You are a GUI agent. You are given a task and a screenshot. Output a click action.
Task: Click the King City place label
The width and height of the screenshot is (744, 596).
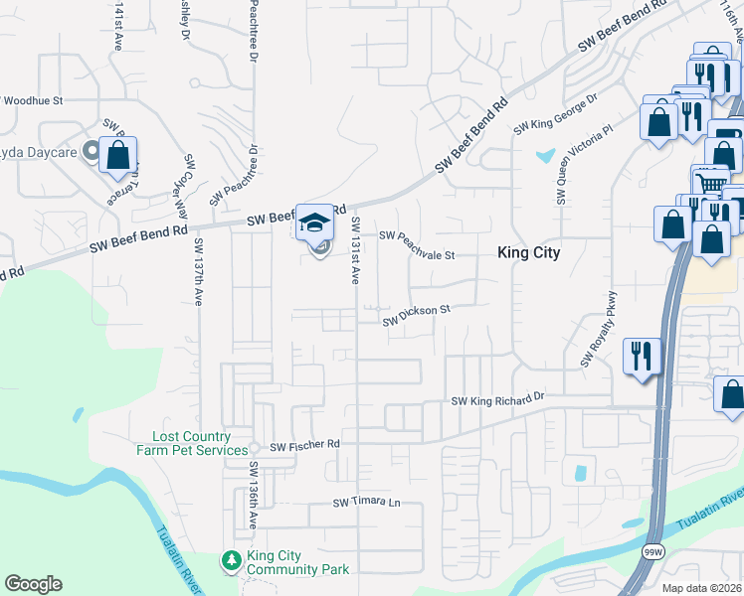click(528, 252)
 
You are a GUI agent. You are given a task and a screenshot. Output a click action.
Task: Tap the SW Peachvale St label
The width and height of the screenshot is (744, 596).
click(417, 245)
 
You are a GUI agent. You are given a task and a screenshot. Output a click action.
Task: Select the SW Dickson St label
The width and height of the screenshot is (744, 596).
click(417, 315)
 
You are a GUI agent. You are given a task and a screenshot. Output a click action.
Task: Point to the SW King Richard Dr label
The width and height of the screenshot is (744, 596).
click(498, 399)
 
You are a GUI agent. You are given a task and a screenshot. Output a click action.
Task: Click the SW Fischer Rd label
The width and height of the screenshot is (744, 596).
click(304, 443)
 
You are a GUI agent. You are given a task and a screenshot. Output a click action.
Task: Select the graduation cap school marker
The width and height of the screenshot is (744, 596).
click(316, 223)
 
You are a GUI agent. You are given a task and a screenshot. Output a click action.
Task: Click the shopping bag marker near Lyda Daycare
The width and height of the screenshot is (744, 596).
click(117, 155)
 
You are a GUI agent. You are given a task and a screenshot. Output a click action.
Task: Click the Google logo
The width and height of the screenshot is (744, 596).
click(33, 584)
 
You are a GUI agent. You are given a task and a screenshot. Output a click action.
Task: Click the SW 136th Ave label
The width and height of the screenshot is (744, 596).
click(254, 494)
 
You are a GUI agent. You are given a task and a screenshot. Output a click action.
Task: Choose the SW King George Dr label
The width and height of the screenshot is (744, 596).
click(555, 115)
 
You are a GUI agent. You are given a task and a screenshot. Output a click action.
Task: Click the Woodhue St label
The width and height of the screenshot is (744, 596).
click(32, 100)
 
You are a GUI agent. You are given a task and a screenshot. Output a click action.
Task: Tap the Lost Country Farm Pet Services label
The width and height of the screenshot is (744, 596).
click(192, 443)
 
